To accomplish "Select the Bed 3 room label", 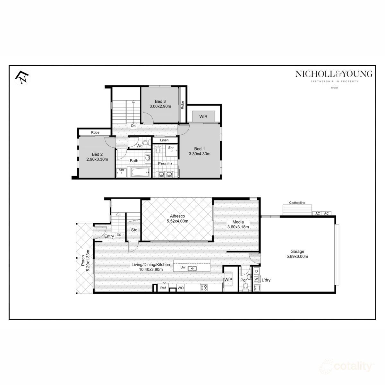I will pyautogui.click(x=160, y=101).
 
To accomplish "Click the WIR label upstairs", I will pyautogui.click(x=203, y=116).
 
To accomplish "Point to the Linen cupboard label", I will pyautogui.click(x=164, y=140).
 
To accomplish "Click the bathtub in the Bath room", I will pyautogui.click(x=140, y=172).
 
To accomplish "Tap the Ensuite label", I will pyautogui.click(x=165, y=164).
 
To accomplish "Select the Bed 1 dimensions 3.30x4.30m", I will pyautogui.click(x=199, y=154).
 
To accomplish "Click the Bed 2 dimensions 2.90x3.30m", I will pyautogui.click(x=97, y=159).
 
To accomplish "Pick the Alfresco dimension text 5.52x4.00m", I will pyautogui.click(x=177, y=221).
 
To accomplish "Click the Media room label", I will pyautogui.click(x=238, y=222).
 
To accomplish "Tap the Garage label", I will pyautogui.click(x=297, y=252).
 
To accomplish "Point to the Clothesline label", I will pyautogui.click(x=297, y=203).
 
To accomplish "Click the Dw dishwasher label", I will pyautogui.click(x=183, y=267).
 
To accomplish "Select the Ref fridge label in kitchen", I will pyautogui.click(x=163, y=288).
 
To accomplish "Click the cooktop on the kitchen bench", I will pyautogui.click(x=203, y=288).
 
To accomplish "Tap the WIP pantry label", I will pyautogui.click(x=228, y=280).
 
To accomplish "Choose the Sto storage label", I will pyautogui.click(x=134, y=230).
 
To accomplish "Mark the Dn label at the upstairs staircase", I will pyautogui.click(x=133, y=126).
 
